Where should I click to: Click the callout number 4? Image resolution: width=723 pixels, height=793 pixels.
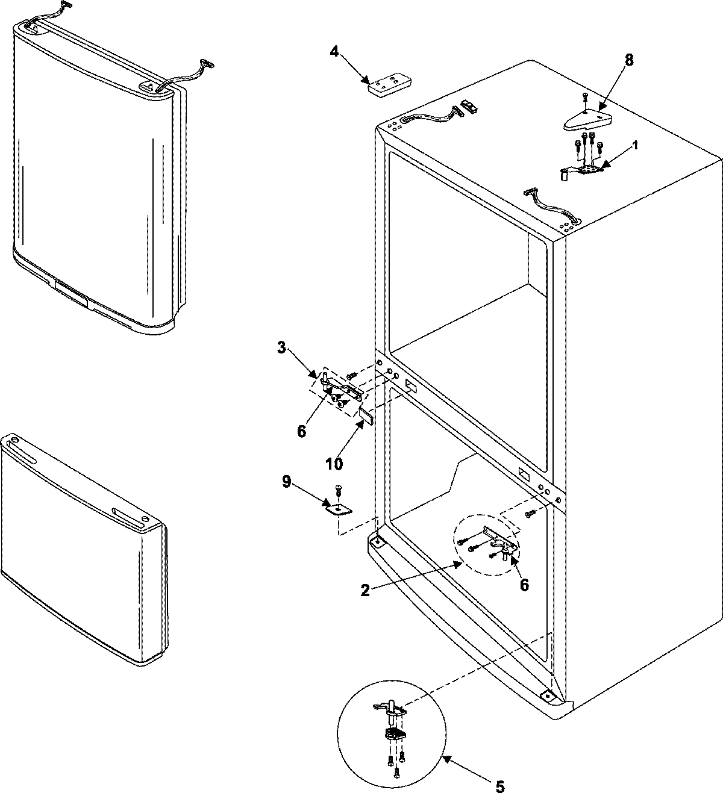tap(334, 51)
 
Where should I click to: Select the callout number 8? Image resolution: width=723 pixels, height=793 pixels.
tap(629, 60)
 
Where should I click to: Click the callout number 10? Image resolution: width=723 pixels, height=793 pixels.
tap(334, 464)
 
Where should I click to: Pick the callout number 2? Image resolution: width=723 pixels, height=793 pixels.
tap(365, 591)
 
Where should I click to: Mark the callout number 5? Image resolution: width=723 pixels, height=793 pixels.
tap(499, 786)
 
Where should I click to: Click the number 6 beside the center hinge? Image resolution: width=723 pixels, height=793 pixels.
tap(302, 431)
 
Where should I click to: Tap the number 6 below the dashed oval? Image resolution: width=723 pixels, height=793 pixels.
tap(524, 584)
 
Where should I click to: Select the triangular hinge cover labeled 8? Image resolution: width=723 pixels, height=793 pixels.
tap(587, 120)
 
